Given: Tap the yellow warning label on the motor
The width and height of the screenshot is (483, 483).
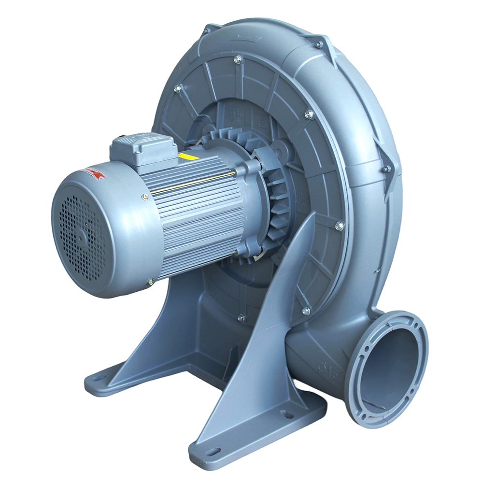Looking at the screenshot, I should [185, 156].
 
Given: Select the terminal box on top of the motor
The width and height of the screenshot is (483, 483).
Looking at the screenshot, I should [143, 148].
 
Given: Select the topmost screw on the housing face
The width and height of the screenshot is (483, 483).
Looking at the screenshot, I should [237, 59].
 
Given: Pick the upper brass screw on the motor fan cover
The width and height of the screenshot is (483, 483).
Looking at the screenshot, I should [145, 197].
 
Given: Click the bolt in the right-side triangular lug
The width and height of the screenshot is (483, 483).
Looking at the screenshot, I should [386, 169].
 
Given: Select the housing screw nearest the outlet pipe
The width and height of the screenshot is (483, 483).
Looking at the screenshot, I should [306, 311].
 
